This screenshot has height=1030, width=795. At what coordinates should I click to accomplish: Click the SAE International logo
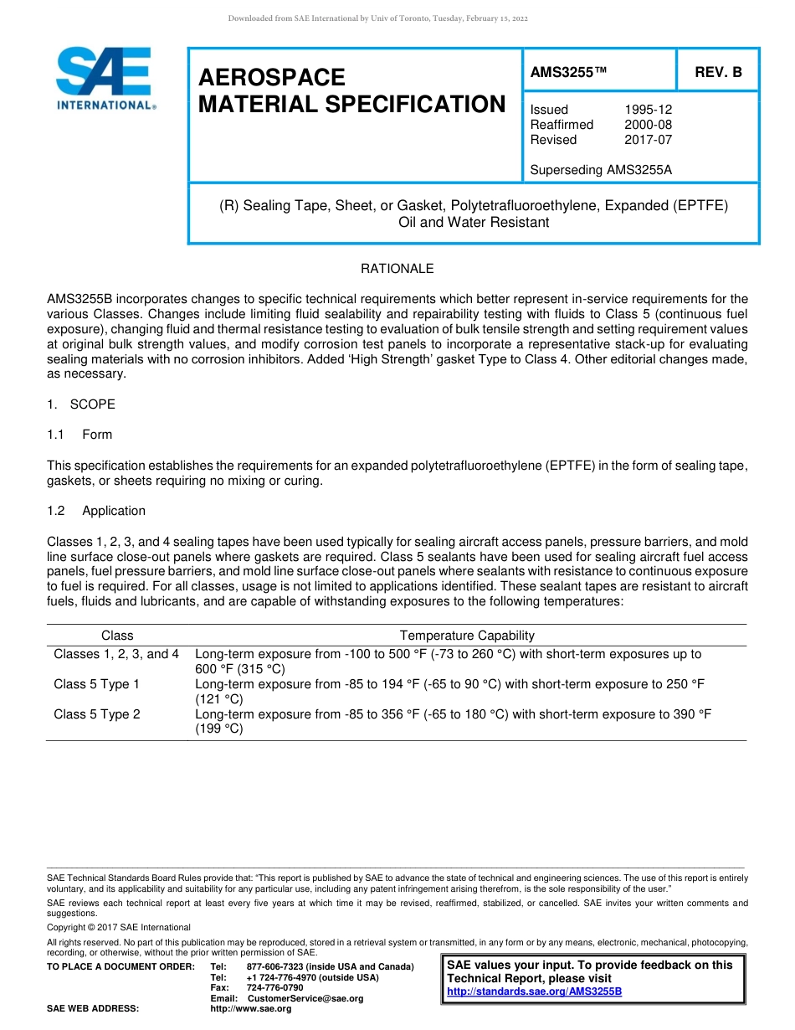point(105,79)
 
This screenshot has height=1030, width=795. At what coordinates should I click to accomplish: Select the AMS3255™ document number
point(568,73)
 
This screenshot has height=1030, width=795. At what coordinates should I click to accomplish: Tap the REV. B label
point(718,73)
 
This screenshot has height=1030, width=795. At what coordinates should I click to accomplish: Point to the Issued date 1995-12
point(648,110)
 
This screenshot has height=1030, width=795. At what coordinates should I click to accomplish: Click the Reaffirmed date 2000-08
point(648,125)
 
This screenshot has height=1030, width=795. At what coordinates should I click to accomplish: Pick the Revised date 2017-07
point(648,140)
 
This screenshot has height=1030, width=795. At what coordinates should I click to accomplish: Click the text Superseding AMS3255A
point(601,170)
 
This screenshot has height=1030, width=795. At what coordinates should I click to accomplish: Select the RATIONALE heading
point(397,269)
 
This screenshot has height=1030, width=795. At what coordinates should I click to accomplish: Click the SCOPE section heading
point(92,404)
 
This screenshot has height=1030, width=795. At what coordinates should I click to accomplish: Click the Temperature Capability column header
point(467,636)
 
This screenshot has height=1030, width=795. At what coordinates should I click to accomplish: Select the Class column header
point(117,636)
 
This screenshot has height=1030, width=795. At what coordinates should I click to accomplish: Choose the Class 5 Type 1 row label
point(97,684)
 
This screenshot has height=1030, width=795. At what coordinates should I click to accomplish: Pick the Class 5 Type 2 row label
point(97,714)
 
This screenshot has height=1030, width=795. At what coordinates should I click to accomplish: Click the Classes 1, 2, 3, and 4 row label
point(116,654)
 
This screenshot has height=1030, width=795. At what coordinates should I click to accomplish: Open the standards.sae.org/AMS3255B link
point(534,991)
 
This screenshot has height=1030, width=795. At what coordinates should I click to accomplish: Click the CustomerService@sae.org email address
point(305,998)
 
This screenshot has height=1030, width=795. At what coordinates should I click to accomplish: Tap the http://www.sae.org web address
point(251,1008)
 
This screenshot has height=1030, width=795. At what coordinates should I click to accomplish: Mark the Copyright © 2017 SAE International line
point(119,927)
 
